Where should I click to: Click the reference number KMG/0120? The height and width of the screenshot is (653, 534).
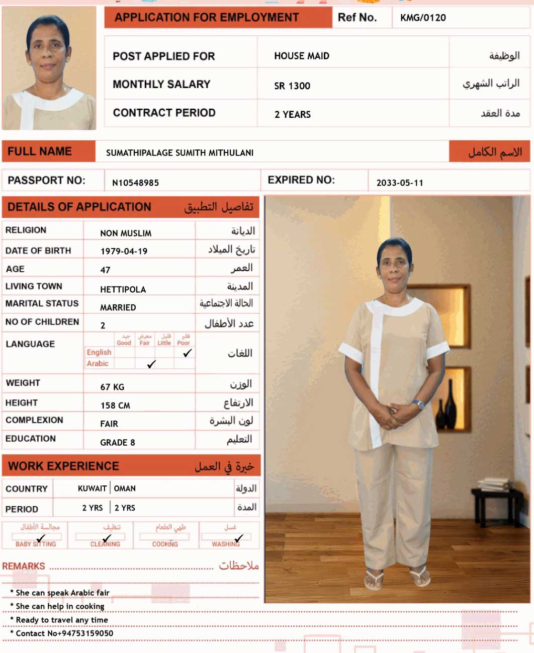tap(423, 18)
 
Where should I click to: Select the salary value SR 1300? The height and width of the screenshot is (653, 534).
tap(292, 86)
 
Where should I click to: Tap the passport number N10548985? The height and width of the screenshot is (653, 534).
tap(135, 183)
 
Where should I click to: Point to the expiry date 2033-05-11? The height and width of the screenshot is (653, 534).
tap(400, 183)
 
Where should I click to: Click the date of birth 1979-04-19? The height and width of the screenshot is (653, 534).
tap(124, 251)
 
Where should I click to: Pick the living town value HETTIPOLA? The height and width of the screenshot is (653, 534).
tap(123, 289)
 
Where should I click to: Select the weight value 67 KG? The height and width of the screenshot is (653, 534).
tap(112, 387)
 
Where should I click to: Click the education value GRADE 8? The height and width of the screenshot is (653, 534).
tap(117, 443)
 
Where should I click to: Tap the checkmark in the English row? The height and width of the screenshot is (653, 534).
tap(188, 353)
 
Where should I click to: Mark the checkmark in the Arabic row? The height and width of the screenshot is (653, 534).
tap(151, 364)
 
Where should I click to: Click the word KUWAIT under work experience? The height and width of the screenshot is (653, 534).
tap(92, 488)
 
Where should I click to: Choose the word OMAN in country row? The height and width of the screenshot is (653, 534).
tap(125, 488)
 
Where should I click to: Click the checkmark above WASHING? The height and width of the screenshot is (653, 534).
tap(239, 538)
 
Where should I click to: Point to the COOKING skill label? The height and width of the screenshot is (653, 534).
tap(165, 544)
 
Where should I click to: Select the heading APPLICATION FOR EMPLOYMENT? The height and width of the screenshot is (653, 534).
tap(207, 18)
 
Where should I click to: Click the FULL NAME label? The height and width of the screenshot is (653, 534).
tap(40, 151)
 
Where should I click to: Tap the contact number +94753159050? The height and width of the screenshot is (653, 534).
tap(80, 633)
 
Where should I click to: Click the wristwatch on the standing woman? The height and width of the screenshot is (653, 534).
tap(418, 403)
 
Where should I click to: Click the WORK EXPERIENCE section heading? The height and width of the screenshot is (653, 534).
tap(64, 466)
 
